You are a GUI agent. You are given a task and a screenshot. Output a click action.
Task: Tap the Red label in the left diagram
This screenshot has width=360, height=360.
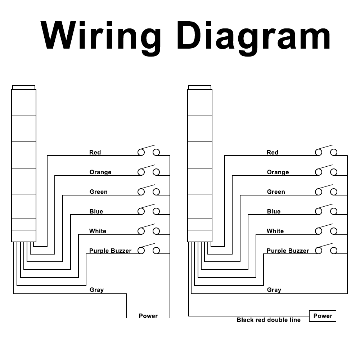coord(95,152)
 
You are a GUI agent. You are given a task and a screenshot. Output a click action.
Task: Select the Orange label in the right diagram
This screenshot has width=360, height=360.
coord(278,172)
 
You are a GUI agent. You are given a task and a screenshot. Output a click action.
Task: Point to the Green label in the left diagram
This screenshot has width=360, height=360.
coord(99,192)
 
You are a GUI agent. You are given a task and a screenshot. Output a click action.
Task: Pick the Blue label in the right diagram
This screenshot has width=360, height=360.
coord(274,211)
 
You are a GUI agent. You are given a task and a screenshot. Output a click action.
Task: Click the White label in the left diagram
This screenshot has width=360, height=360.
coord(98,231)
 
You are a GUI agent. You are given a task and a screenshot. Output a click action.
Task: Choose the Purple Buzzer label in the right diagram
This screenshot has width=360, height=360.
coord(288,251)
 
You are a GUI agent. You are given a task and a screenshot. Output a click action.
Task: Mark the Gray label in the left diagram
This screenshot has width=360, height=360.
coord(96,290)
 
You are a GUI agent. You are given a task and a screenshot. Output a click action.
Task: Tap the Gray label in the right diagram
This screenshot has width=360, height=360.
coord(274,290)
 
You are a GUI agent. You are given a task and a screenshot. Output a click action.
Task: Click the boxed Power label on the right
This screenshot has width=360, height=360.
coord(323,316)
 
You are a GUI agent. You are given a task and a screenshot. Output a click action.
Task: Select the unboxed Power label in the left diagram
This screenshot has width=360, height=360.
coord(148,316)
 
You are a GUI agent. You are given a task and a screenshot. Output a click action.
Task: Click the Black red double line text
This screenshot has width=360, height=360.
coord(269,320)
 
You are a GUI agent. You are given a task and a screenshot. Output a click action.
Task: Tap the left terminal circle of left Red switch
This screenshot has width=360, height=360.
coord(141,152)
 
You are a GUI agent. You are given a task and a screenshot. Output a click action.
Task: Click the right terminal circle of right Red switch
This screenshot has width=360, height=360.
coord(334,152)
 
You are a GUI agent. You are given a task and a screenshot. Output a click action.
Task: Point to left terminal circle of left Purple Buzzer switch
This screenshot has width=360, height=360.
coord(141,251)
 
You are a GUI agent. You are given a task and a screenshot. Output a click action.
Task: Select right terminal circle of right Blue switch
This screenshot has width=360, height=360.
coord(334,211)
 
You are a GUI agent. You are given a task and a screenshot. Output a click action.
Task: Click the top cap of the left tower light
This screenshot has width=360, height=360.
coord(24,87)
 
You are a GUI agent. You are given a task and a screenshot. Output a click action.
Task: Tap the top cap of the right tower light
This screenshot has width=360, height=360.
coord(200,87)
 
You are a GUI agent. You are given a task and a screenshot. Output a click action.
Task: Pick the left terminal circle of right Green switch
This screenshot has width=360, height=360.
coord(319,192)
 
